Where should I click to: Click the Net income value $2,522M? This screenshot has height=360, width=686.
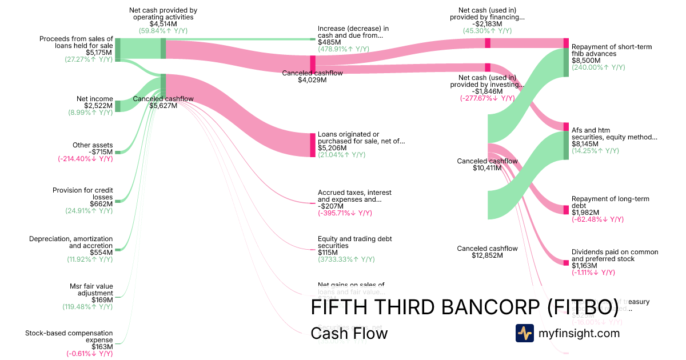coord(98,106)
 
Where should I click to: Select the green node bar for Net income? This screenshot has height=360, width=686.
coord(118,106)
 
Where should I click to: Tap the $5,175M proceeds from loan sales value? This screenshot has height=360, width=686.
coord(101,53)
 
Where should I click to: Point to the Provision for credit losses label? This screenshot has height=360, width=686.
coord(83,194)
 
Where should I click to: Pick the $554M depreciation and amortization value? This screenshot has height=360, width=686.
coord(101,252)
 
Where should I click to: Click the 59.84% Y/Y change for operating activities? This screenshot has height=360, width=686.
coord(163,31)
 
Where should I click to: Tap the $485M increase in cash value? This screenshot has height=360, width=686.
coord(329,42)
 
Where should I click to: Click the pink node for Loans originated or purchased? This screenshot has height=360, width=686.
coord(313,145)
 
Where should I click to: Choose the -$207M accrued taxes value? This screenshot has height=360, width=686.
coord(329,206)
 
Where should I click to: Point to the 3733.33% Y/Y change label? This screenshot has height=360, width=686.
coord(346,259)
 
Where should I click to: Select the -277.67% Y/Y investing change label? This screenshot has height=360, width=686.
coord(488,98)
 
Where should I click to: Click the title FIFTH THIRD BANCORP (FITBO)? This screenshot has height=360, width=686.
coord(464,307)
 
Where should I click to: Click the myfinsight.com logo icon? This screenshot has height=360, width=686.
coord(524,333)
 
